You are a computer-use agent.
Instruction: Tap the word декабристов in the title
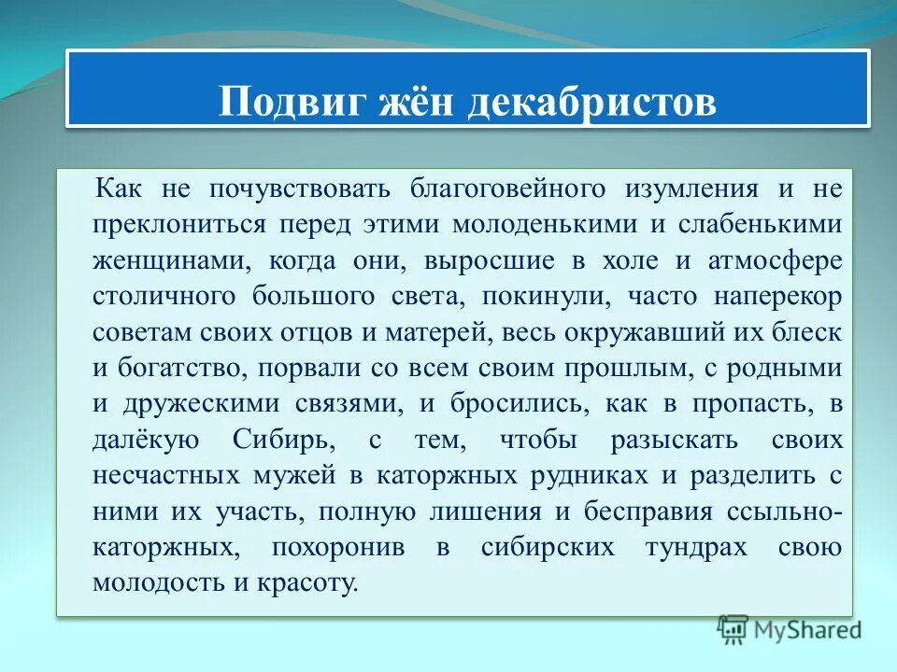(x=591, y=102)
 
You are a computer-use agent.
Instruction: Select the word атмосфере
(x=777, y=260)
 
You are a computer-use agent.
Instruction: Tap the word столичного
(x=164, y=296)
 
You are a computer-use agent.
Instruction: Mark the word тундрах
(x=696, y=547)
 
